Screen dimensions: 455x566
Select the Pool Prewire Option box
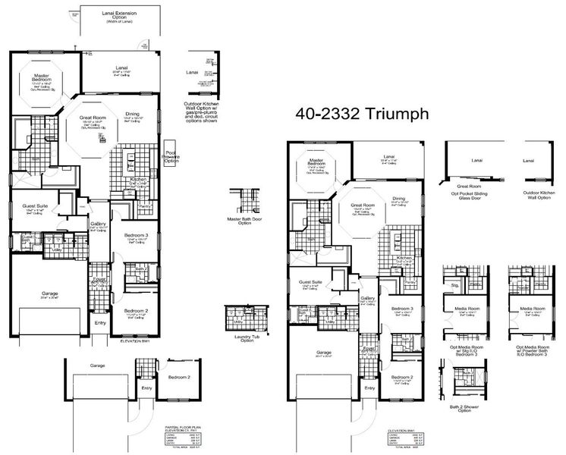pos(171,157)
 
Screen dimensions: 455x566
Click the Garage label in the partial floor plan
pos(97,366)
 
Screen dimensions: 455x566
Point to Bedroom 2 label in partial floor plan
pos(178,377)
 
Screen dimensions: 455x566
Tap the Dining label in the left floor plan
pos(132,115)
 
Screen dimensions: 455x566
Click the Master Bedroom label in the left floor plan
pos(42,77)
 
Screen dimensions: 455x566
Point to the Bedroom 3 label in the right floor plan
pos(401,309)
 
